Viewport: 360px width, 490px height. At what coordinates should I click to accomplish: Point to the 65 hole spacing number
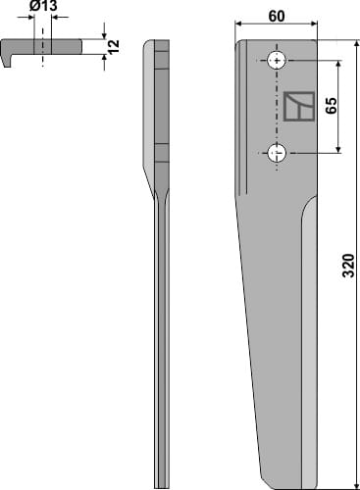[x=332, y=107]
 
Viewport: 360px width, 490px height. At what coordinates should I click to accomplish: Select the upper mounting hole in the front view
[x=278, y=62]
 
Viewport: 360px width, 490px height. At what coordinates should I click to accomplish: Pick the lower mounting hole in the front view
[x=278, y=153]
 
